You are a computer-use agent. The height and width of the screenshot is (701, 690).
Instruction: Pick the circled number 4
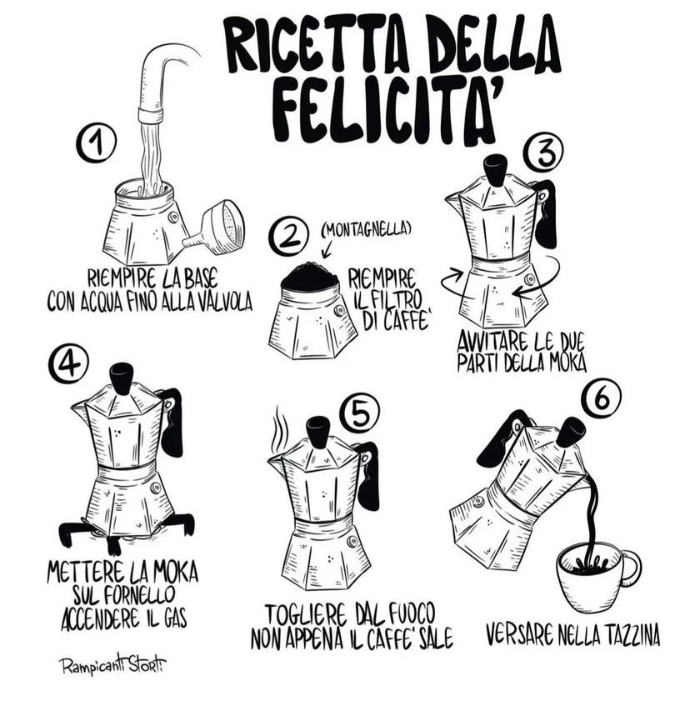[x=68, y=364]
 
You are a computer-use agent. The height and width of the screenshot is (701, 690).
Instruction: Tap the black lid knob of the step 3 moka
[x=495, y=170]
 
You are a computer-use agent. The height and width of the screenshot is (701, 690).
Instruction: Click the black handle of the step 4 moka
[x=172, y=422]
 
